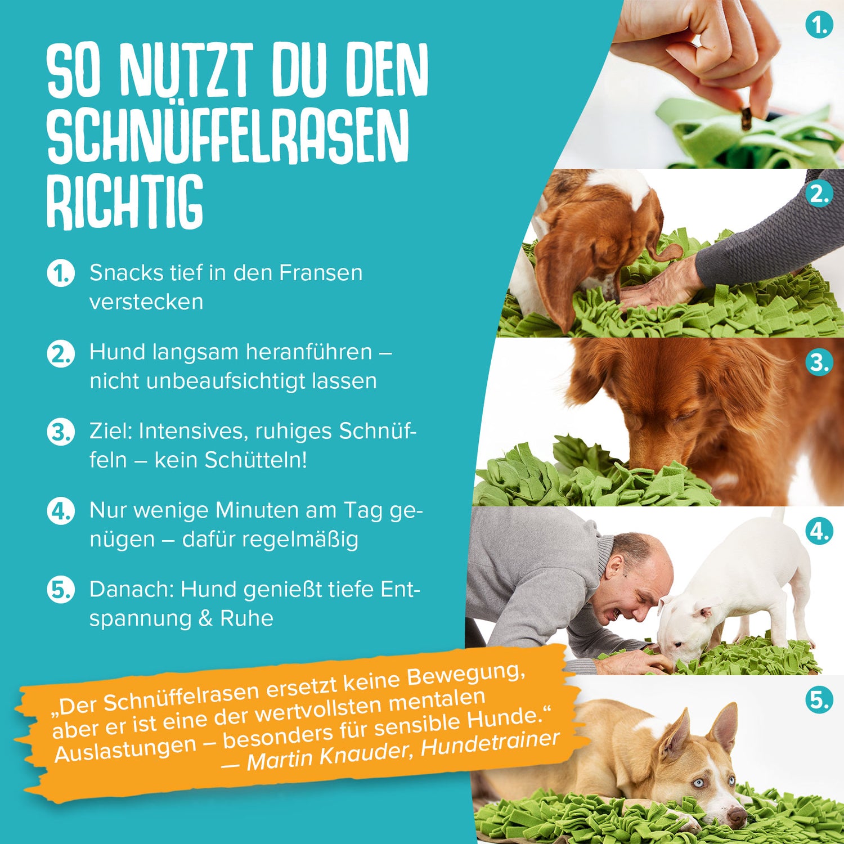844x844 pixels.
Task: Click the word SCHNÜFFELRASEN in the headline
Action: click(x=227, y=137)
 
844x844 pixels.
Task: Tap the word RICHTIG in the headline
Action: click(x=124, y=203)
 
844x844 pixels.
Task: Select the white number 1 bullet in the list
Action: click(x=60, y=273)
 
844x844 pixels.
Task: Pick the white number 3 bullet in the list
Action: click(x=60, y=432)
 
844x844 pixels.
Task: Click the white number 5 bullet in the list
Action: click(x=60, y=590)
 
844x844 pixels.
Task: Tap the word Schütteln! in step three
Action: click(x=256, y=460)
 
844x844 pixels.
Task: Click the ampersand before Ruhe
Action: click(x=205, y=618)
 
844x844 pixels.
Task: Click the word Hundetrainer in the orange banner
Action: click(x=490, y=743)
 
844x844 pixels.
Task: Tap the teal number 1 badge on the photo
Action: click(x=819, y=25)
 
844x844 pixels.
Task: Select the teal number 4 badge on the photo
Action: click(x=819, y=532)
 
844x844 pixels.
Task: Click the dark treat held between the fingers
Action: click(x=747, y=119)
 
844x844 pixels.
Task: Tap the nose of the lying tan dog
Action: click(x=734, y=814)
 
